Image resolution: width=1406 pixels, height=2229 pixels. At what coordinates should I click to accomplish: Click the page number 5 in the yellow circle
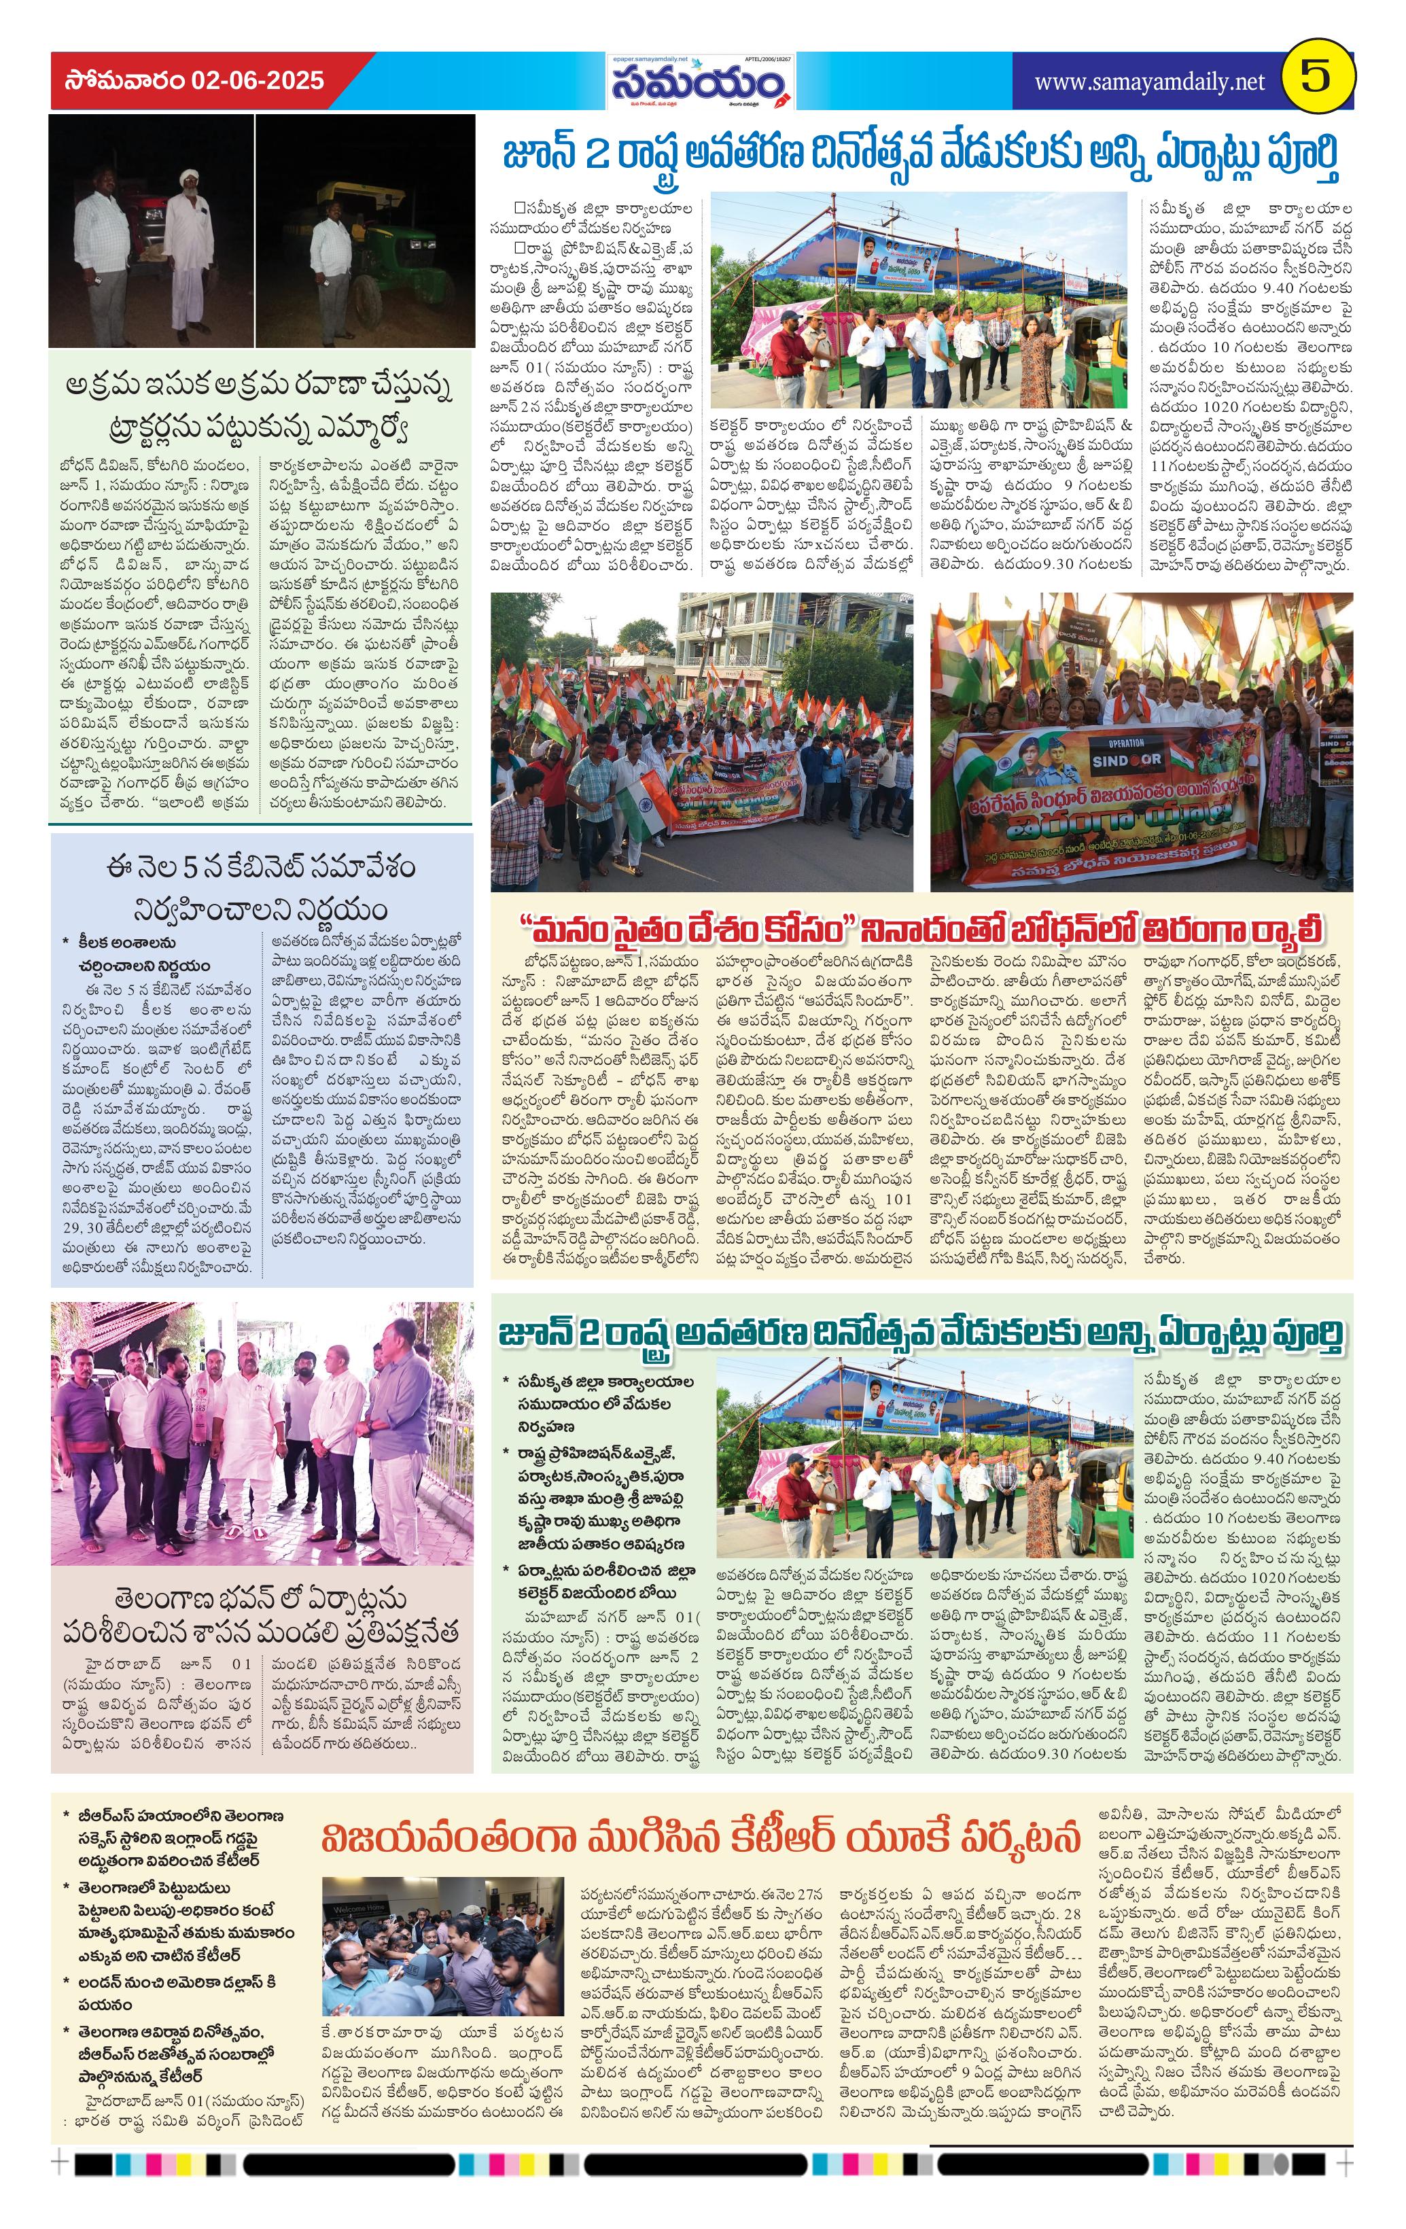pos(1319,79)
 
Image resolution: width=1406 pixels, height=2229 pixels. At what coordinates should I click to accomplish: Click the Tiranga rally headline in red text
pos(921,928)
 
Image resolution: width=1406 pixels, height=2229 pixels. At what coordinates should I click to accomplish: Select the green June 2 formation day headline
pos(921,1333)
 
